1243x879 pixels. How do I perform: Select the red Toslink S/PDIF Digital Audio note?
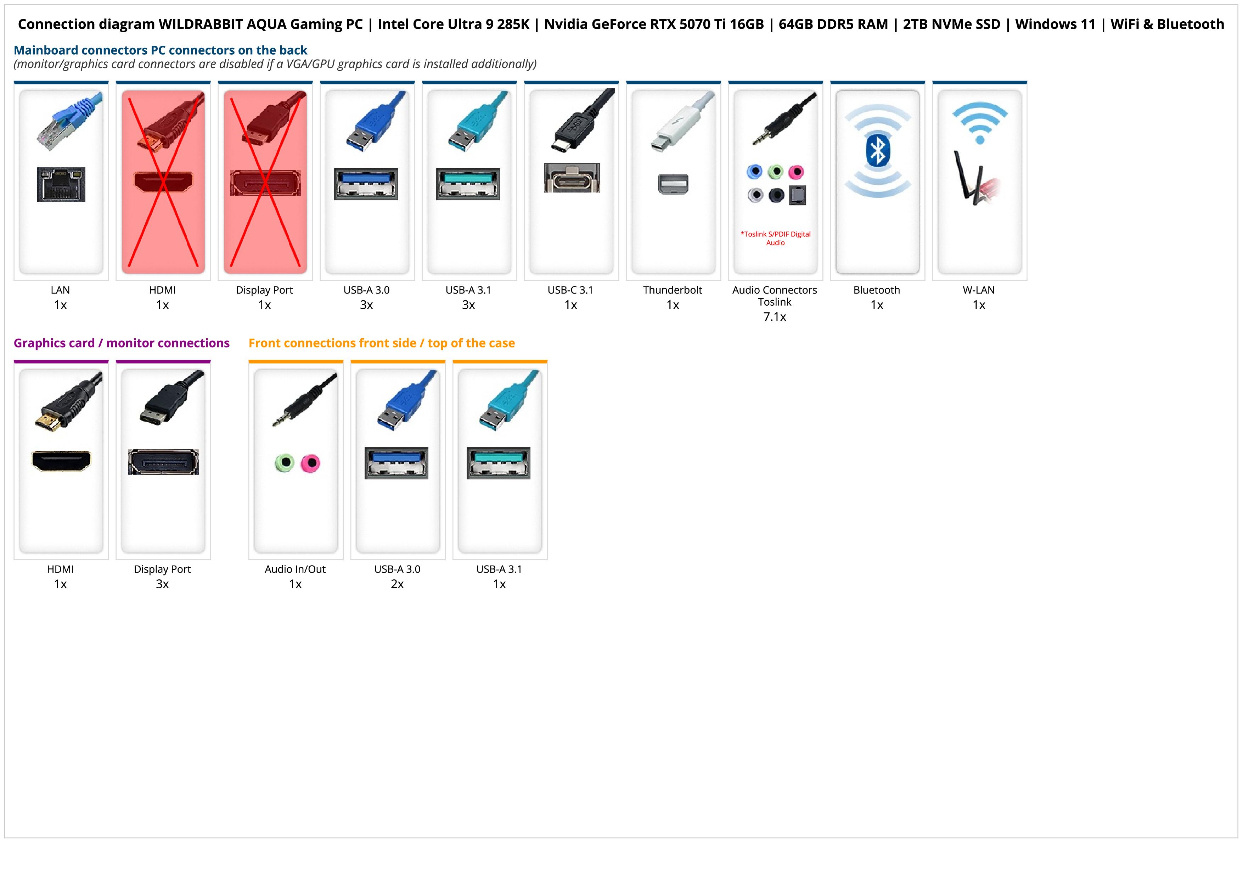click(x=775, y=238)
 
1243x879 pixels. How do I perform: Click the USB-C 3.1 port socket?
click(x=572, y=178)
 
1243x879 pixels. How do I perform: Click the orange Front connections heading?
click(x=381, y=343)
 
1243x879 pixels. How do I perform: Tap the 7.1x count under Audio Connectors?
click(x=774, y=317)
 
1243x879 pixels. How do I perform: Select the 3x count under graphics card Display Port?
click(x=162, y=584)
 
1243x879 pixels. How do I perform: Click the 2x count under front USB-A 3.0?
click(x=397, y=584)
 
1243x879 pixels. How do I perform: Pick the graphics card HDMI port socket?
click(x=61, y=461)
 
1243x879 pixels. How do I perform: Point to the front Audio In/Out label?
click(x=295, y=569)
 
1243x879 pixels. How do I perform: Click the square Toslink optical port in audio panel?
click(x=798, y=195)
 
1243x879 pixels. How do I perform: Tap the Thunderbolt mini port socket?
click(x=673, y=184)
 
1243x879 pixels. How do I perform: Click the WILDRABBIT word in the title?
click(x=200, y=24)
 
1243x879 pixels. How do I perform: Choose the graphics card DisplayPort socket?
click(x=163, y=462)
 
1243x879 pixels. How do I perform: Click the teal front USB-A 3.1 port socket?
click(x=499, y=463)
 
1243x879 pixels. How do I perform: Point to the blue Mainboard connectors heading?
click(x=160, y=50)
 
